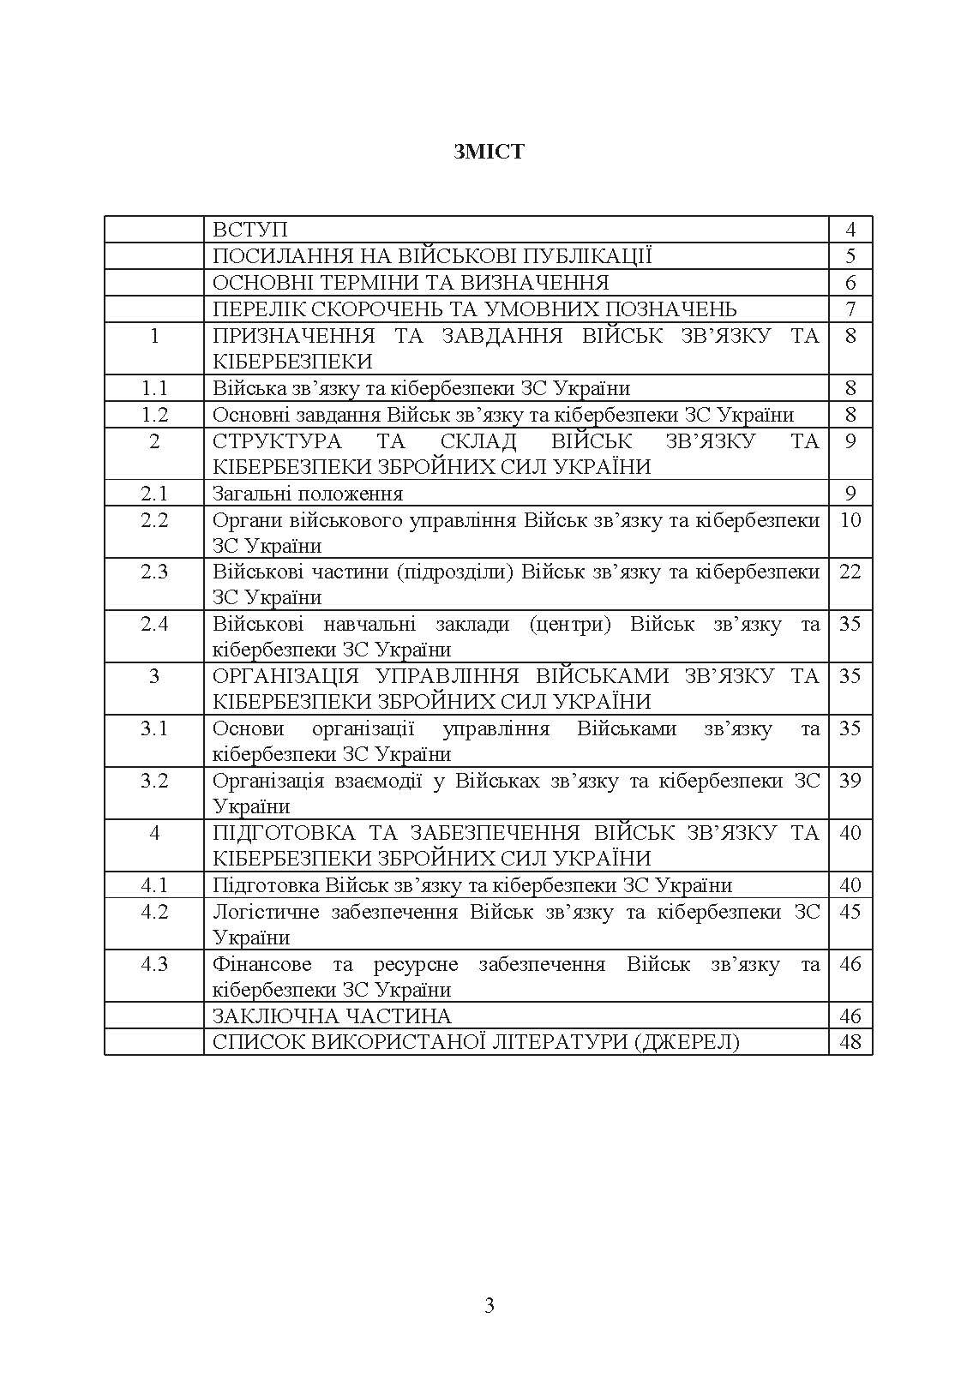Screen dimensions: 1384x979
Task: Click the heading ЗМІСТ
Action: click(x=489, y=153)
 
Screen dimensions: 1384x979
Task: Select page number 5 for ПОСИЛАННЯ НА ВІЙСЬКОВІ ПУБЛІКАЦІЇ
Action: click(x=850, y=256)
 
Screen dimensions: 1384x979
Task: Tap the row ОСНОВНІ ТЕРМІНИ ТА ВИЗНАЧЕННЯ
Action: click(x=411, y=283)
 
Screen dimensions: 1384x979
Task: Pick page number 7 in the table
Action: click(x=850, y=309)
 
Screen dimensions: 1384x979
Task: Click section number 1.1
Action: click(x=154, y=388)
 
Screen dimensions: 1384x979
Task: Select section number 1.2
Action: click(x=154, y=415)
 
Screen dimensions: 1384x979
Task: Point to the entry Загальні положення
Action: click(x=308, y=494)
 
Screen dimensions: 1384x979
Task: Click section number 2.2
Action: click(x=154, y=520)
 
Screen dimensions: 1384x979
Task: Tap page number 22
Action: click(x=850, y=572)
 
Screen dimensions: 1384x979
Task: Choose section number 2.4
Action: click(x=154, y=624)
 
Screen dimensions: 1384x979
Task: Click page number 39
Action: click(x=850, y=781)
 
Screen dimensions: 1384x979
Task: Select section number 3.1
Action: click(x=154, y=728)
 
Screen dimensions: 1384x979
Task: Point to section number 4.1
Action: click(x=154, y=885)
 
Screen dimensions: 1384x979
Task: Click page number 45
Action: click(x=850, y=912)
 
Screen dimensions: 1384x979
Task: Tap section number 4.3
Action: click(x=154, y=964)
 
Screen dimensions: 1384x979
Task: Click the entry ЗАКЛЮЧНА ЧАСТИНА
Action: click(x=332, y=1016)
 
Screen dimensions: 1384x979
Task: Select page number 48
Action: click(x=850, y=1042)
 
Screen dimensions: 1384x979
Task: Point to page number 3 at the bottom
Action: click(x=489, y=1306)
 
